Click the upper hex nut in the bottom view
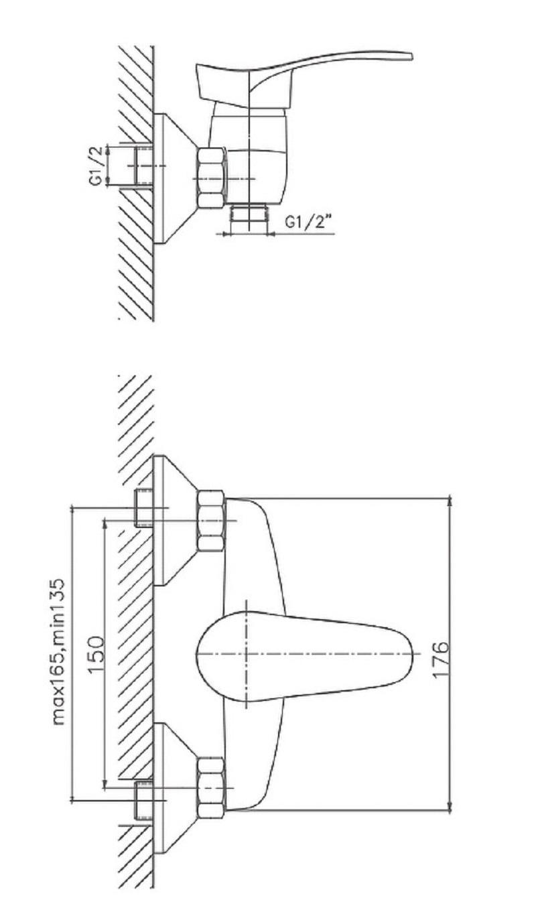(x=211, y=520)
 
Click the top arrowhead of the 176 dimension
(x=450, y=501)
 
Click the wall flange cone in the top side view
(x=175, y=178)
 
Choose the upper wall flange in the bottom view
(x=175, y=520)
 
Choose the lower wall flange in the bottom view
(x=175, y=787)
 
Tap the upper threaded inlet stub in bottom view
(x=144, y=508)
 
